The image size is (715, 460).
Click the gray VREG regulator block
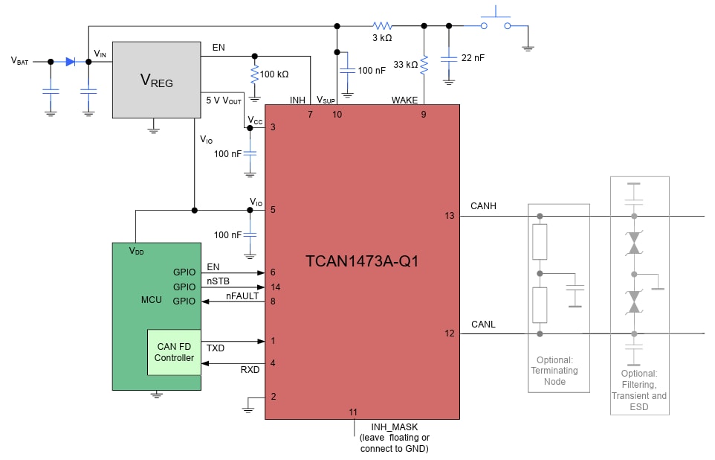pos(156,80)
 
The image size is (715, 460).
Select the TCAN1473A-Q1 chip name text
pos(362,261)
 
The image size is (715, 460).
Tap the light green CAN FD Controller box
pos(174,352)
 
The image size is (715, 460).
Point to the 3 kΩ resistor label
pos(381,37)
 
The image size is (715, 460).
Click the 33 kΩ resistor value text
pos(405,65)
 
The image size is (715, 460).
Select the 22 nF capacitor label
pos(473,58)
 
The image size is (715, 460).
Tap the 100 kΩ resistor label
pos(274,74)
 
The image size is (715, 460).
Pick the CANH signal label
pos(483,205)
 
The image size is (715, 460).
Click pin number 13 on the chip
pos(449,216)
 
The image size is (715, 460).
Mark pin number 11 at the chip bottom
pos(353,412)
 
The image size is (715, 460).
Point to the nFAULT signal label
pos(243,296)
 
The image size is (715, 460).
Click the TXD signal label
pos(216,348)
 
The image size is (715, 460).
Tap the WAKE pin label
pos(404,100)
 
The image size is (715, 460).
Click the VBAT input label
pos(20,62)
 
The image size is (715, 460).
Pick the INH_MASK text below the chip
pos(395,427)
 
